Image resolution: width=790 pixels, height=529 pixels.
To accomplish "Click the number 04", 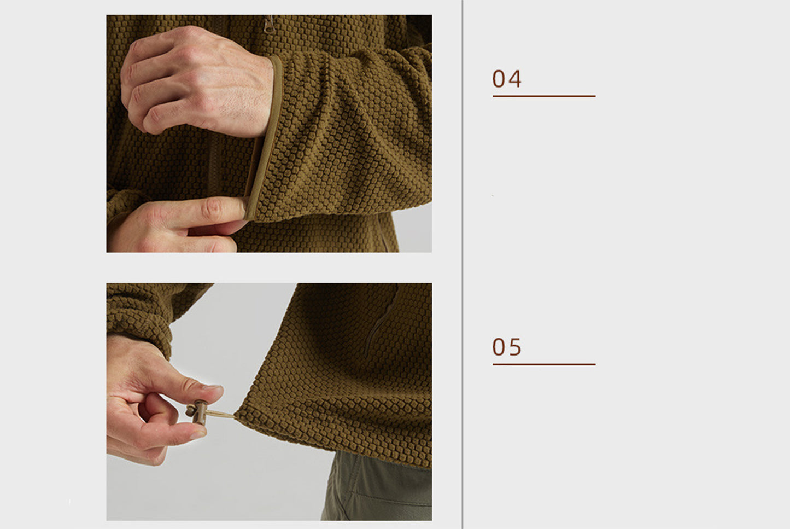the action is coord(506,79).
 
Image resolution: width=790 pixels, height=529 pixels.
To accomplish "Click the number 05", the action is coord(506,347).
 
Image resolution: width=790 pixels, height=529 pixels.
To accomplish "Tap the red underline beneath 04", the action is coord(544,96).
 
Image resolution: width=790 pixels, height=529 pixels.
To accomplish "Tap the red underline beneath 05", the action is coord(544,364).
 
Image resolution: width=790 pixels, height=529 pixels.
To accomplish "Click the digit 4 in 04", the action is coord(514,79).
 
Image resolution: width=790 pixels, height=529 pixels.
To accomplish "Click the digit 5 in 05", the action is coord(515,347).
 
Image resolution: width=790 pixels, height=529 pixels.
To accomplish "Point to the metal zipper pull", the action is coord(269,24).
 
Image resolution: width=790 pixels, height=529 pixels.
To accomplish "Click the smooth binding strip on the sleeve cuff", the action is coord(264,138).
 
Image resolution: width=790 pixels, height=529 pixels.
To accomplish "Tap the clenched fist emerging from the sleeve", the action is coord(196,80).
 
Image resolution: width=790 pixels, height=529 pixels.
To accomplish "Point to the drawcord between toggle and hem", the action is coord(220,414).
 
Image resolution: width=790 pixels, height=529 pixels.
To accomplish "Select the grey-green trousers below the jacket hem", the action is coord(377,486).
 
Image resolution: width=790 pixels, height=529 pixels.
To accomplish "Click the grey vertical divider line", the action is coord(463,264).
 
